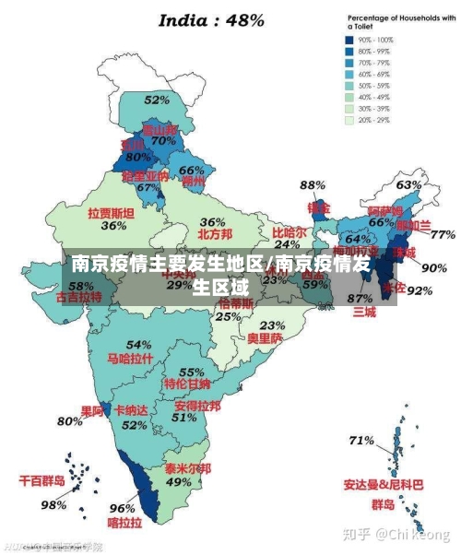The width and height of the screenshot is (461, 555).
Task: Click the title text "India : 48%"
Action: (212, 20)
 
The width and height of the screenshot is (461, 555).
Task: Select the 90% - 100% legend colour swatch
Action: (350, 41)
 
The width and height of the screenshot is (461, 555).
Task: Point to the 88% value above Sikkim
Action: (313, 186)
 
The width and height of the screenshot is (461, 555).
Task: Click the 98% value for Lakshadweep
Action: (53, 504)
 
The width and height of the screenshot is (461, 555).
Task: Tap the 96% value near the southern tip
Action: (123, 507)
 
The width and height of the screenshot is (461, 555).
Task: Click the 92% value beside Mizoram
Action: (420, 290)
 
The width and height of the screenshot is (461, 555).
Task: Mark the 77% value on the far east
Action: (443, 234)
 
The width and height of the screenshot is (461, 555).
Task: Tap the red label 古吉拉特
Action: (79, 298)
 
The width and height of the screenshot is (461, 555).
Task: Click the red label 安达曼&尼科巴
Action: (384, 484)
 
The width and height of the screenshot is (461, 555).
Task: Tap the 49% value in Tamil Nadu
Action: (179, 482)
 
